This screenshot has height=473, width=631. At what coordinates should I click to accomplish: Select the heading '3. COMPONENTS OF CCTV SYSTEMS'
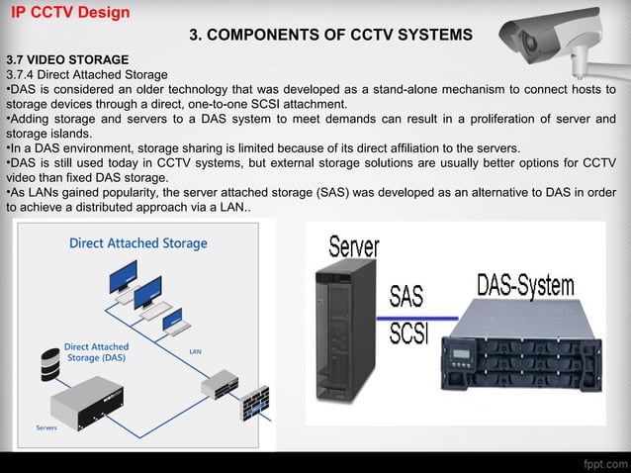tap(330, 36)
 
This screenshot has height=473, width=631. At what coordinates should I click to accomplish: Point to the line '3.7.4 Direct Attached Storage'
tap(87, 74)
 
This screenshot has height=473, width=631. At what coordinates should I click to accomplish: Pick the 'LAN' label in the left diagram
tap(197, 352)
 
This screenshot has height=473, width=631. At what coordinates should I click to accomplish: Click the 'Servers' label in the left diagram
tap(45, 428)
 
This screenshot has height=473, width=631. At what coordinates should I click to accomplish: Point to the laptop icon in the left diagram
tap(172, 320)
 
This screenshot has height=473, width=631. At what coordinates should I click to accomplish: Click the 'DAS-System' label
tap(527, 285)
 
